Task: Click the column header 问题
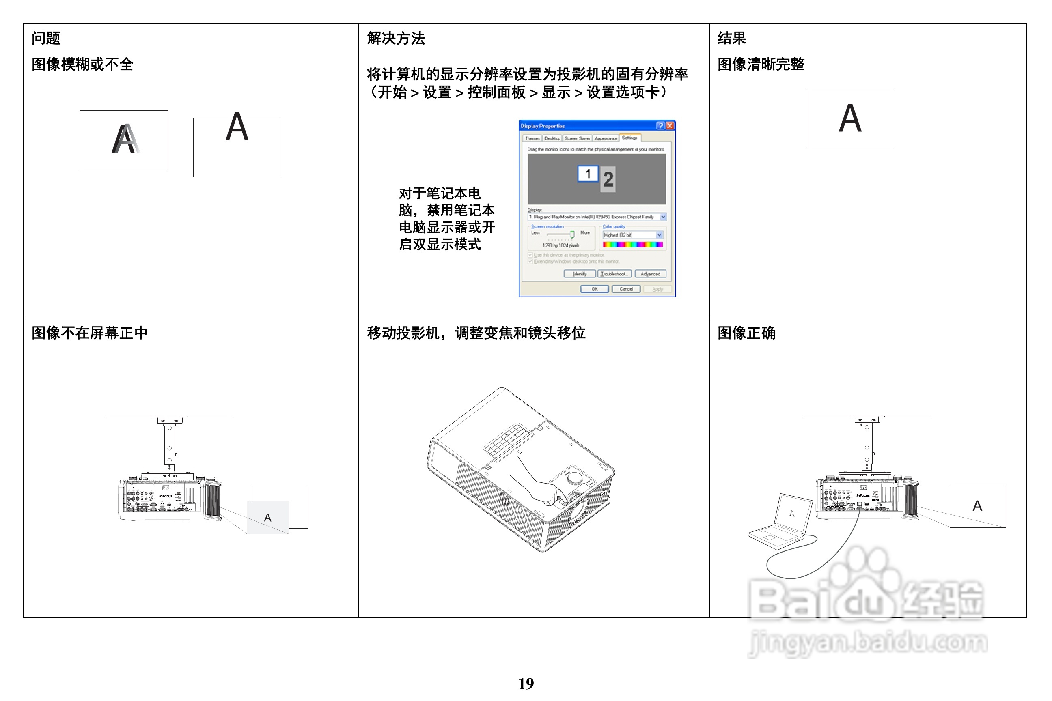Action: coord(45,38)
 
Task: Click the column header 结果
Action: coord(731,38)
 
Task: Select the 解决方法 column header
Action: coord(395,38)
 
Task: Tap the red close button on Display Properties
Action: coord(670,126)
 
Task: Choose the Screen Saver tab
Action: coord(577,138)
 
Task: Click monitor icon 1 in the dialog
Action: coord(588,174)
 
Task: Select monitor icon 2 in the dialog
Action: coord(608,179)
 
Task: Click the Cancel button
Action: coord(626,289)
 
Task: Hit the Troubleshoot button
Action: coord(614,273)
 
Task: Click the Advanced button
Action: coord(650,273)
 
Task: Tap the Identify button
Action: coord(579,273)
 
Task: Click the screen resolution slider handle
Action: coord(571,234)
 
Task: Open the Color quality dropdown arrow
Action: coord(659,235)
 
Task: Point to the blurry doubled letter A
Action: coord(125,140)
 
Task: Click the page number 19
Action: coord(526,684)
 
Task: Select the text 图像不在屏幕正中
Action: coord(89,333)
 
